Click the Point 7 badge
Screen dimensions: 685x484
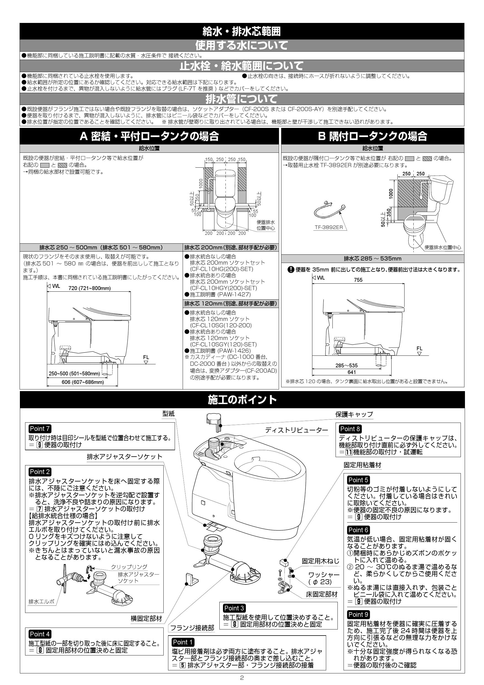pyautogui.click(x=40, y=429)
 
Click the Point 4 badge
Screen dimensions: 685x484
pyautogui.click(x=40, y=634)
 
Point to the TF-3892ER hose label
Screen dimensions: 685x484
pyautogui.click(x=329, y=227)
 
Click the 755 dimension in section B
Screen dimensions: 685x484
pyautogui.click(x=358, y=280)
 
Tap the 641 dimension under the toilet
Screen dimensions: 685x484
pyautogui.click(x=352, y=372)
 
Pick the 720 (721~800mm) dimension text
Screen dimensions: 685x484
pyautogui.click(x=89, y=288)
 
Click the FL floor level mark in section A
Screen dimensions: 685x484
pyautogui.click(x=146, y=358)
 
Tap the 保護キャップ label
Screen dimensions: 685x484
pyautogui.click(x=354, y=414)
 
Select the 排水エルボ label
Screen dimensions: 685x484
pyautogui.click(x=41, y=602)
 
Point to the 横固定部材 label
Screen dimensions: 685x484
pyautogui.click(x=146, y=619)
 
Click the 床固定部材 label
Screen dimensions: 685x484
pyautogui.click(x=322, y=594)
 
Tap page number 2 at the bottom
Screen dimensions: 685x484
pyautogui.click(x=242, y=678)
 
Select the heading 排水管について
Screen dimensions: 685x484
pyautogui.click(x=242, y=99)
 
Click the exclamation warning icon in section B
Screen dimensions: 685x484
pyautogui.click(x=291, y=270)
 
